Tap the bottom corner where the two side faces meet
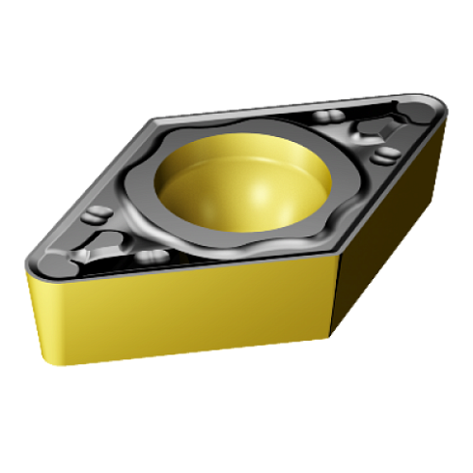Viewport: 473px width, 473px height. click(331, 337)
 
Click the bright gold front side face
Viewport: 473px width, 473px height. click(174, 309)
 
